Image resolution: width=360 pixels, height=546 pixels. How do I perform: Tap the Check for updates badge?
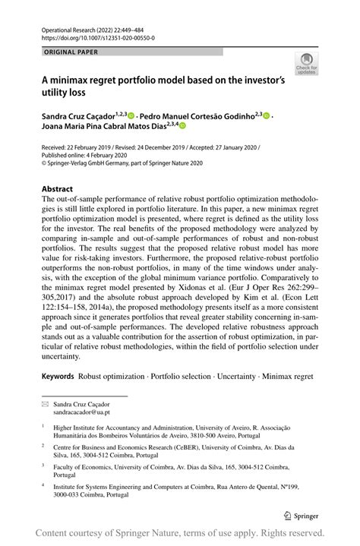pyautogui.click(x=308, y=65)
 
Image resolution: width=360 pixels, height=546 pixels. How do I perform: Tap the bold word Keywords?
pyautogui.click(x=58, y=376)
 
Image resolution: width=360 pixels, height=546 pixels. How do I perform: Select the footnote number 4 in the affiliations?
pyautogui.click(x=43, y=482)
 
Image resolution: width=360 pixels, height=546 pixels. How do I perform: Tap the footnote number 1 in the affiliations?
pyautogui.click(x=43, y=426)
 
